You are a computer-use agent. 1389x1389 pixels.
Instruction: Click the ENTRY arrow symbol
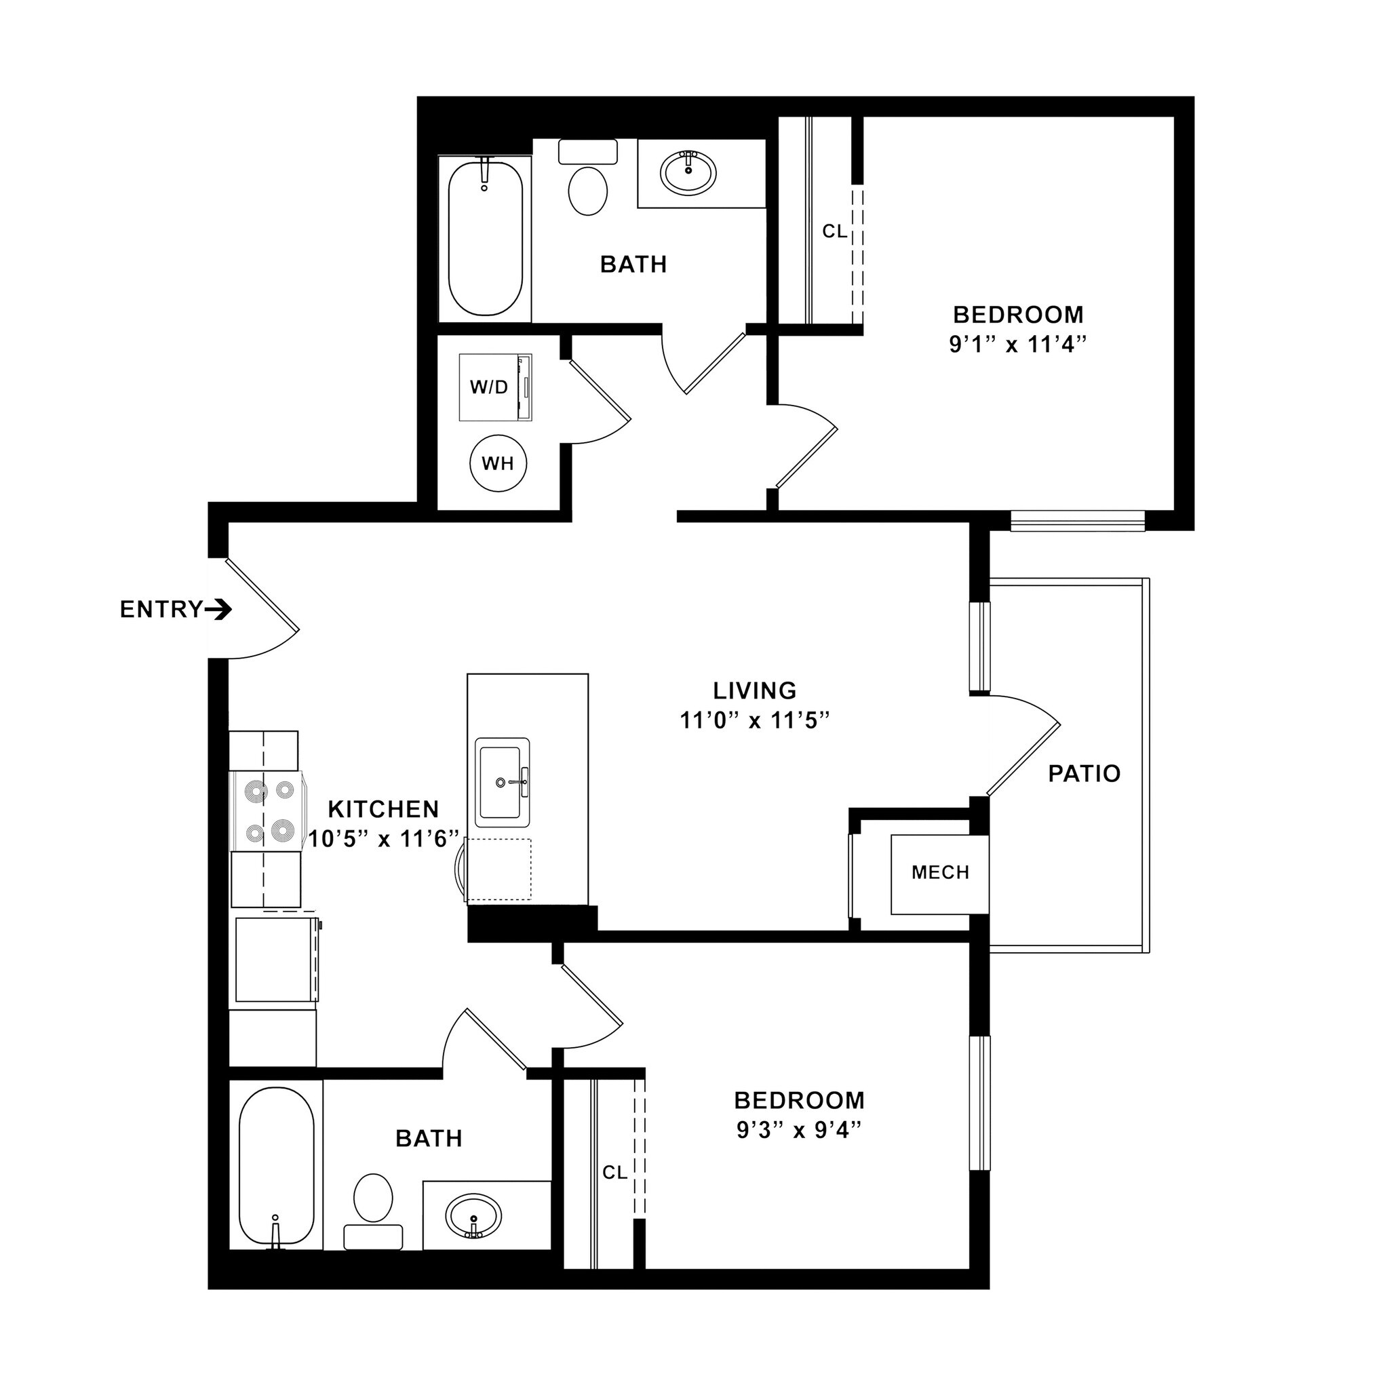pos(218,610)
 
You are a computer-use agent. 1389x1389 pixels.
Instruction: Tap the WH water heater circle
pos(498,464)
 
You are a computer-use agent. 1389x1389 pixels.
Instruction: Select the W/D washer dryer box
pos(494,387)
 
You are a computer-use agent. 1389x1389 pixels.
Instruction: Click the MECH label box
pos(941,873)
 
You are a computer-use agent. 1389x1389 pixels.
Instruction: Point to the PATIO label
pos(1084,774)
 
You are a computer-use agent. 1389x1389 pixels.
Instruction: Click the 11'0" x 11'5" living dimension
pos(755,720)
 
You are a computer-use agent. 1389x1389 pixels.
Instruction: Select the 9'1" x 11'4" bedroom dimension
pos(1017,345)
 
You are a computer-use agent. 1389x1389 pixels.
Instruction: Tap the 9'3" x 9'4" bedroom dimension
pos(799,1131)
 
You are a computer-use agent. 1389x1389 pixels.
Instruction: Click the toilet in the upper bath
pos(587,191)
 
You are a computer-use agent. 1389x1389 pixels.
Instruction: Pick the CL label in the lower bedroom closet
pos(614,1173)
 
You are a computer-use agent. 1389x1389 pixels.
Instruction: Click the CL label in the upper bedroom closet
pos(835,231)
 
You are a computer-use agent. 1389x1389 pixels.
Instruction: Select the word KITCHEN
pos(383,810)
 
